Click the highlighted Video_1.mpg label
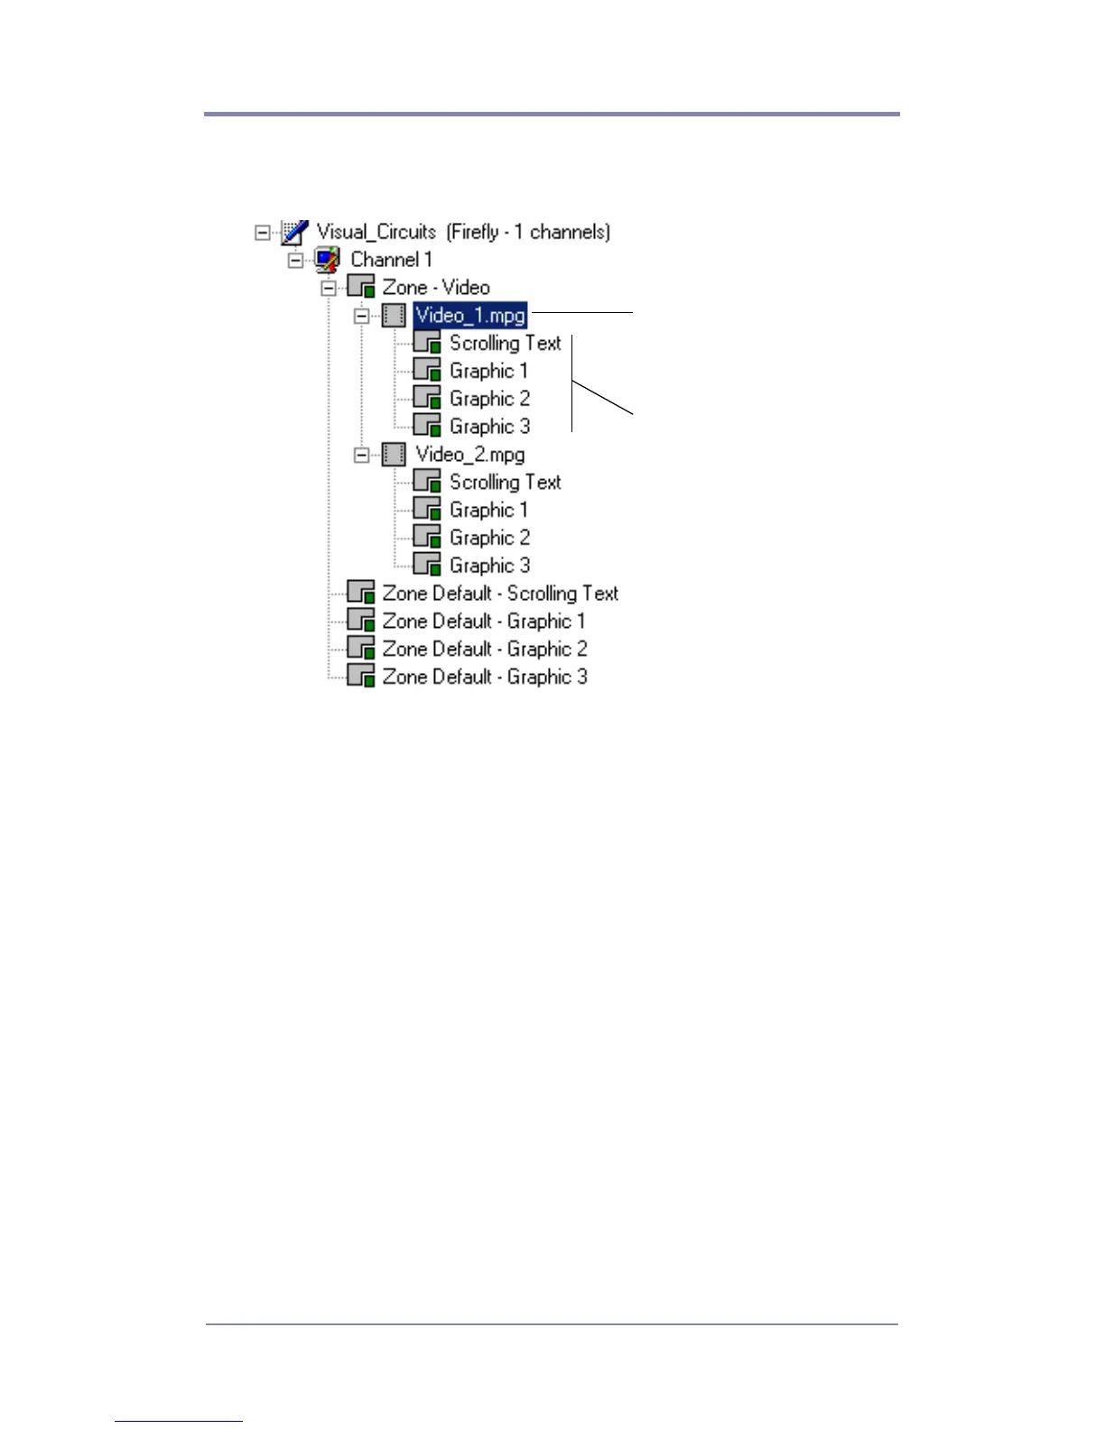[469, 316]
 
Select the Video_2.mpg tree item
[469, 455]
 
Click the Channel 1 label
[391, 260]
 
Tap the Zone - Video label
[436, 288]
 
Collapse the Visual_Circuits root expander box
[262, 233]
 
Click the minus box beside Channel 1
[295, 261]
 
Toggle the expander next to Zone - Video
[329, 289]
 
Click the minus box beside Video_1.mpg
[362, 317]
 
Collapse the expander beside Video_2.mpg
[362, 456]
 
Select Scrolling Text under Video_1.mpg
[505, 344]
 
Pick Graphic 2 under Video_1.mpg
[489, 399]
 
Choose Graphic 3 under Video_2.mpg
[489, 566]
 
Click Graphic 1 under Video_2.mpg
[488, 511]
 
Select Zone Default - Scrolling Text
[500, 594]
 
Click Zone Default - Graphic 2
[484, 650]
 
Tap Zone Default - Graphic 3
[484, 678]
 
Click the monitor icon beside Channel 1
[327, 260]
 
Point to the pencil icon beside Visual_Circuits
[294, 232]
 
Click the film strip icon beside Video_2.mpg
[394, 455]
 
